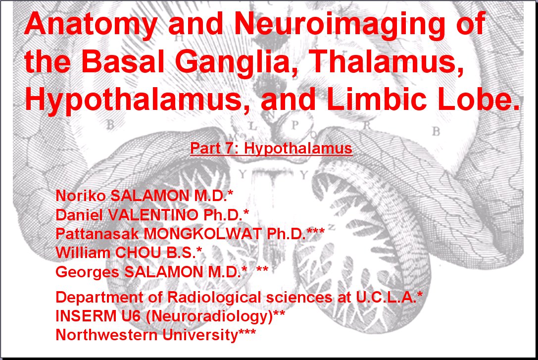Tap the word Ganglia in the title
coord(237,62)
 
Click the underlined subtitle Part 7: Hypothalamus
coord(271,148)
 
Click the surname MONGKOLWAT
coord(202,234)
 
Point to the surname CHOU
coord(138,253)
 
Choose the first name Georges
coord(87,272)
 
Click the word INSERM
coord(86,316)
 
